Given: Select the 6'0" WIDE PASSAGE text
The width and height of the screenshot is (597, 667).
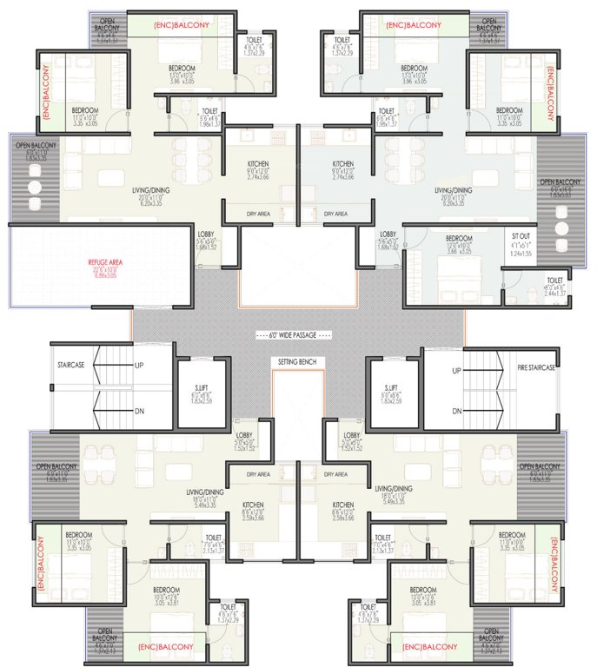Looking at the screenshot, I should pyautogui.click(x=298, y=335).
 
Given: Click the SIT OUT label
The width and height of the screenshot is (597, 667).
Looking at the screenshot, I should pyautogui.click(x=521, y=246).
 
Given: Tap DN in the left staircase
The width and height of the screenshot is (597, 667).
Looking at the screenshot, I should pyautogui.click(x=139, y=412).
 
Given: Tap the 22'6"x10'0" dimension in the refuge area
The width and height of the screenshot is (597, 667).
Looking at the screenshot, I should pyautogui.click(x=101, y=270).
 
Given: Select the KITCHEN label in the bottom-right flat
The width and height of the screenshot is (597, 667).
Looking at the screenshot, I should pyautogui.click(x=343, y=505).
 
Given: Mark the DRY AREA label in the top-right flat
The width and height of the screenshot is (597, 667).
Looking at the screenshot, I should pyautogui.click(x=335, y=214).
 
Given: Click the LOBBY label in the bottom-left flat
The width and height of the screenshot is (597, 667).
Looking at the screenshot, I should pyautogui.click(x=244, y=435).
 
